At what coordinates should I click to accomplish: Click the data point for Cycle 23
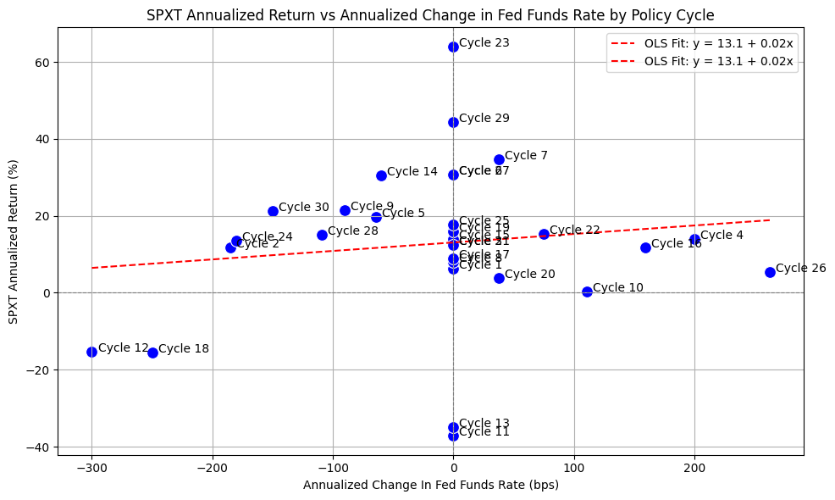(453, 47)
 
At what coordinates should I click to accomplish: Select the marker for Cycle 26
(770, 272)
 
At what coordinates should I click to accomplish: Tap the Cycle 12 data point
(91, 352)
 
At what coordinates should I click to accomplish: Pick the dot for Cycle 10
(587, 292)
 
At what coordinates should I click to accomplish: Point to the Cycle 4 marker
(694, 239)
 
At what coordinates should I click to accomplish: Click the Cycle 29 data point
(453, 122)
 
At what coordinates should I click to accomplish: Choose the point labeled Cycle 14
(381, 175)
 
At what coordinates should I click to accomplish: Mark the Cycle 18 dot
(152, 353)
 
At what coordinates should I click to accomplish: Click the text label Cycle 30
(304, 207)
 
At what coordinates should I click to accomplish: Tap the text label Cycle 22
(575, 231)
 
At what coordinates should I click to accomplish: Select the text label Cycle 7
(526, 155)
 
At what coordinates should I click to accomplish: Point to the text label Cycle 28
(353, 231)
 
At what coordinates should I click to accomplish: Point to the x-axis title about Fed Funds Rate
(430, 486)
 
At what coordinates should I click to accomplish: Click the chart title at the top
(430, 15)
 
